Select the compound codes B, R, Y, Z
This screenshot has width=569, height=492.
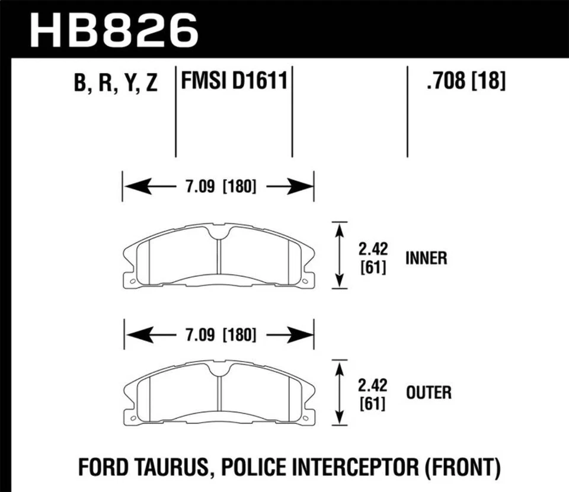point(116,84)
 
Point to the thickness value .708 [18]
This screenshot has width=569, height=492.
point(465,81)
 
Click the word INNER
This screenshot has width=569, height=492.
point(426,258)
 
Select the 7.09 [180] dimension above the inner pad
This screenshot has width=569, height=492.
point(218,187)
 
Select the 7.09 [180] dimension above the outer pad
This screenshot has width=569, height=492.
point(218,335)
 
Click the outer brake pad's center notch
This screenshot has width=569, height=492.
point(218,371)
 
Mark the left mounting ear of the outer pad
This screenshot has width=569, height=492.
point(129,417)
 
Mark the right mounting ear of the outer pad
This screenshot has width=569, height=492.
point(307,417)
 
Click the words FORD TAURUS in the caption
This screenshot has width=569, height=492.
point(145,467)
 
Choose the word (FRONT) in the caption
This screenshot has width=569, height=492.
point(463,467)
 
